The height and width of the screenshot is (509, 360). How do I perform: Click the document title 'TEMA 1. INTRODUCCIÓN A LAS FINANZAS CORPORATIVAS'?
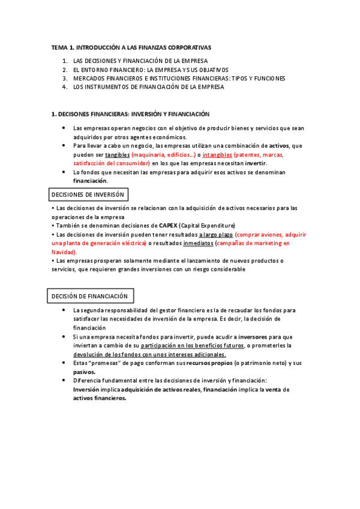point(131,47)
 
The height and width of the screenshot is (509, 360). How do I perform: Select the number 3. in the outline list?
point(65,79)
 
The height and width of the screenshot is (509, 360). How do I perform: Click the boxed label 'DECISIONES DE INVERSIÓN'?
point(88,195)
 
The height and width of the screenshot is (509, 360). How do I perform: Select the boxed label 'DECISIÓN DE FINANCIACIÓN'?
point(90,297)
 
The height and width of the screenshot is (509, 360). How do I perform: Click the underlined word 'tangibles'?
point(117,154)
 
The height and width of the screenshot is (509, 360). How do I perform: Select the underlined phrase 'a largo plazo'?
point(215,234)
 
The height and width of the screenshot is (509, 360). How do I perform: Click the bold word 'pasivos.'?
point(85,372)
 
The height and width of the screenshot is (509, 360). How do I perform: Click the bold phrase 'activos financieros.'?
point(100,398)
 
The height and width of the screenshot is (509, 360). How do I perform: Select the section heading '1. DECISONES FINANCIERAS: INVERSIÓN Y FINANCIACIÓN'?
point(130,114)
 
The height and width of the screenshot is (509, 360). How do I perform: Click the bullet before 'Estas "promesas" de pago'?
point(64,363)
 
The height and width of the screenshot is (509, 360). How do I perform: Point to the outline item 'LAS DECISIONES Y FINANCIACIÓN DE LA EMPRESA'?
point(140,61)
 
